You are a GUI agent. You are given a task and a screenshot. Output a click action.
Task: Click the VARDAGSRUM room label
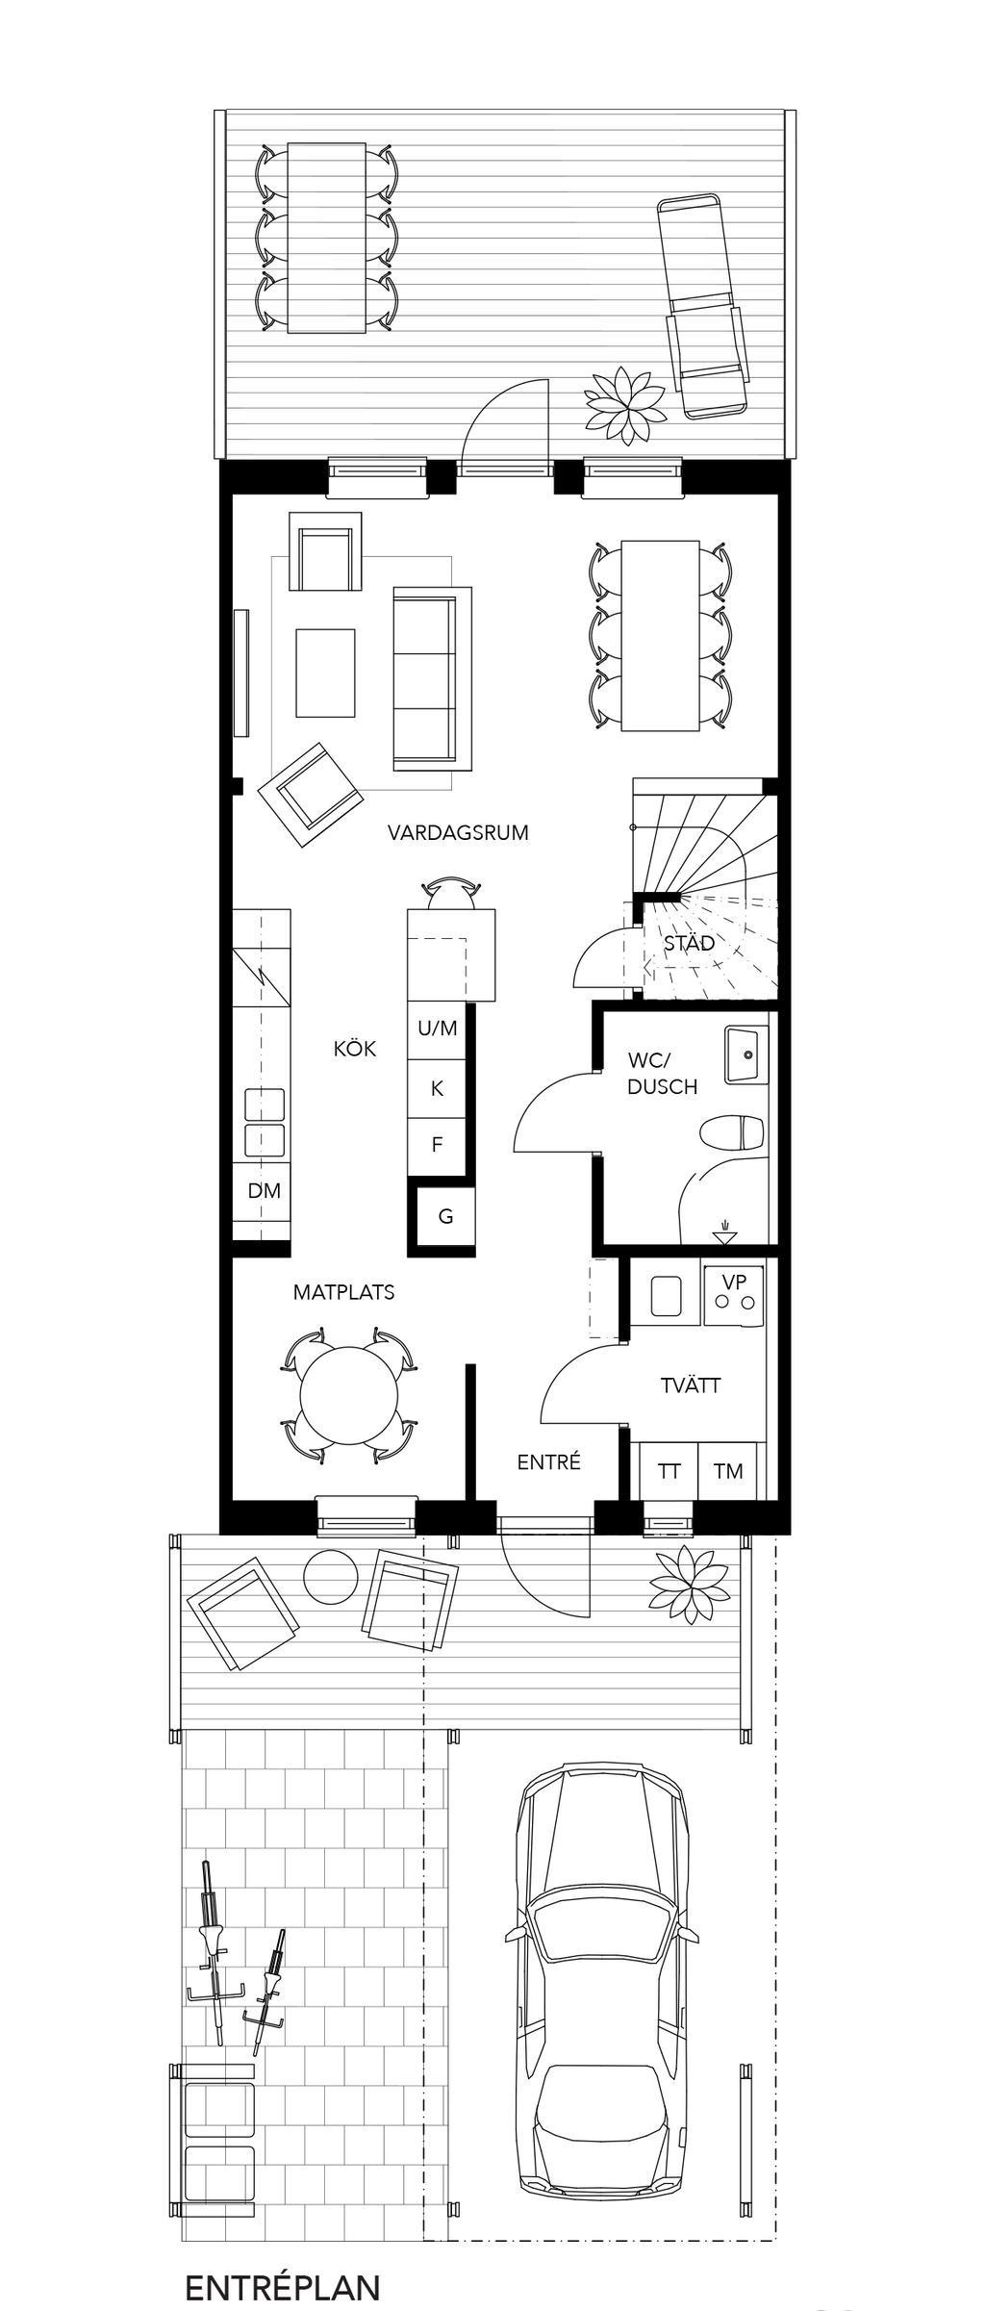(x=458, y=832)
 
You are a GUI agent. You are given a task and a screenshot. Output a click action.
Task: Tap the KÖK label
(x=355, y=1049)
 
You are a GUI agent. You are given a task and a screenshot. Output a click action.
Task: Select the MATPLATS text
(x=343, y=1292)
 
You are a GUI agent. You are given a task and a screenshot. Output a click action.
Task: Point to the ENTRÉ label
(x=548, y=1461)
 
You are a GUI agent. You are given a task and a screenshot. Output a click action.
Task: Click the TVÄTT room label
(x=691, y=1385)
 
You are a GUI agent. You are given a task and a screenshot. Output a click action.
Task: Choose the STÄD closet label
(x=689, y=943)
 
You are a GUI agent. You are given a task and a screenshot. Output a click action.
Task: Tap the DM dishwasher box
(x=263, y=1191)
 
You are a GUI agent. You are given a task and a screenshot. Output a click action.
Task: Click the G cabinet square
(x=445, y=1217)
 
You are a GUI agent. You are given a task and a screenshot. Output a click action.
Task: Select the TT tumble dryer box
(x=669, y=1471)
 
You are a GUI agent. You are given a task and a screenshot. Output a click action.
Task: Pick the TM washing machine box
(x=728, y=1471)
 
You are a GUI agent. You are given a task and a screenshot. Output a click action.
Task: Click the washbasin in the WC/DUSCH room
(x=746, y=1055)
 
